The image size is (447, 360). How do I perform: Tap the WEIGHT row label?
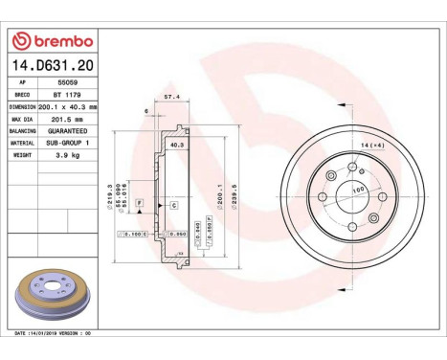tap(21, 152)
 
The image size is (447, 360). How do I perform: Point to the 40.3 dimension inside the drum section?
tap(176, 145)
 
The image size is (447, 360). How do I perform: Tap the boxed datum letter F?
tap(140, 204)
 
